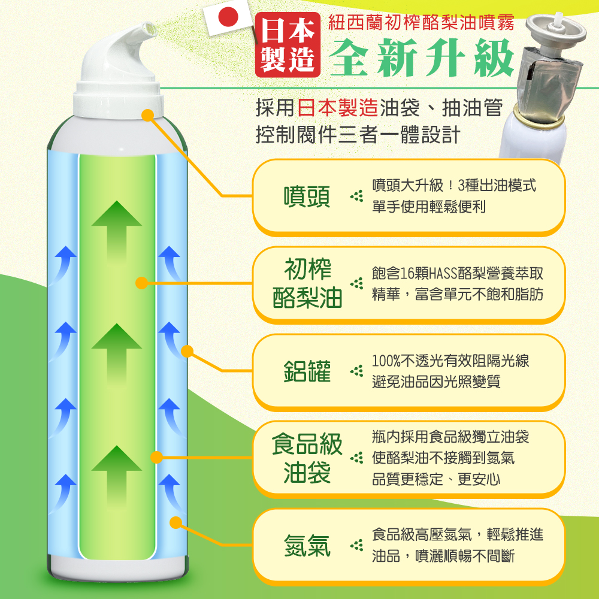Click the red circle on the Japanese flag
click(x=228, y=17)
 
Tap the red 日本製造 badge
click(x=288, y=45)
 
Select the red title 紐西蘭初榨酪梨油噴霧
click(x=421, y=22)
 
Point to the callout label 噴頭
click(x=307, y=197)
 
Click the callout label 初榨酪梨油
click(x=307, y=283)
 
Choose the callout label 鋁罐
click(x=307, y=371)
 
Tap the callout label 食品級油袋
click(x=307, y=458)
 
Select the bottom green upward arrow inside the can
click(x=117, y=476)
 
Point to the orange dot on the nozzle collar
click(x=147, y=115)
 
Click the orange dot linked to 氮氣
click(x=176, y=522)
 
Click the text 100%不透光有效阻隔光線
click(x=450, y=360)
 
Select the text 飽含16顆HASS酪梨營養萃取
click(x=457, y=273)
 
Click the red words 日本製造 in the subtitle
click(x=338, y=107)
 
